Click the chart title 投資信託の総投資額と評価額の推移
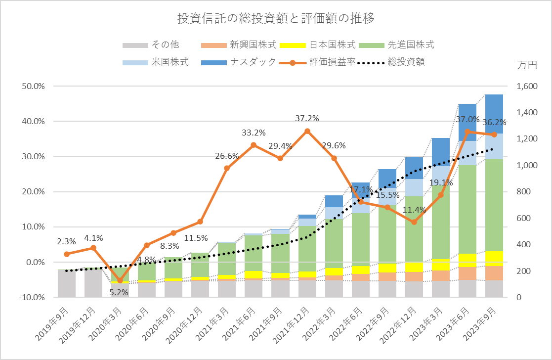(276, 19)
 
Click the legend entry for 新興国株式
(253, 45)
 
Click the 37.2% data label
(307, 119)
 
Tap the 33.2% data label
(254, 133)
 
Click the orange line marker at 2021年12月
(307, 131)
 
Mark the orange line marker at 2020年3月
(120, 280)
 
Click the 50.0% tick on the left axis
(34, 86)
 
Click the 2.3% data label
(67, 242)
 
